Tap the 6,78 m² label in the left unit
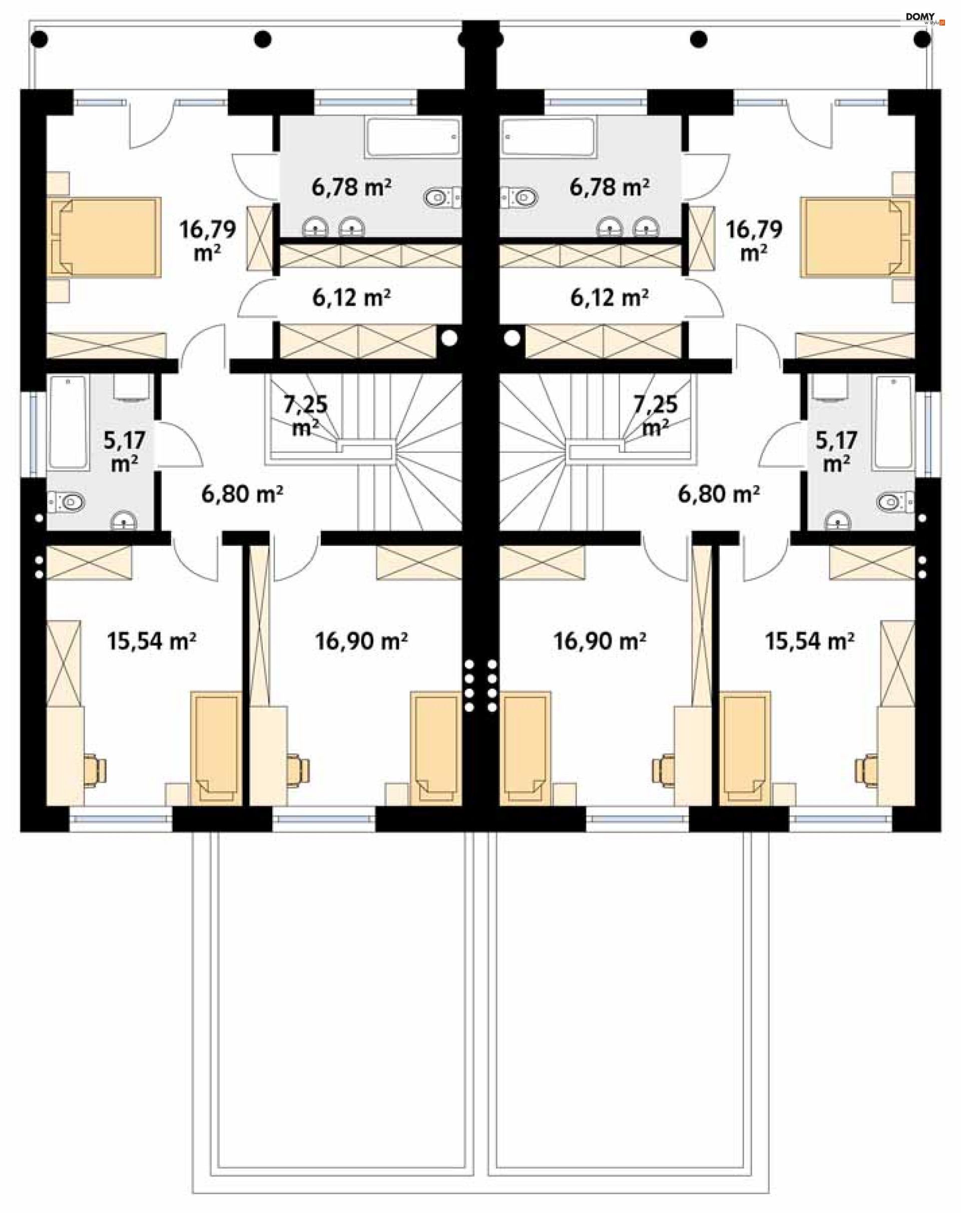(352, 187)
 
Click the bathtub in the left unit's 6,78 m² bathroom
(413, 137)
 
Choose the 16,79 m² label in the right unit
(753, 241)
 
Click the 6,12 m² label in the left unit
(352, 298)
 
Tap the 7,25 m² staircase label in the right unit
(656, 416)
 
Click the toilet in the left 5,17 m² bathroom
(67, 501)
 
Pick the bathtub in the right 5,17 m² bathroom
(894, 422)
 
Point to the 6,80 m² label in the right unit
(719, 494)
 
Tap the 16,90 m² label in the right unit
(599, 641)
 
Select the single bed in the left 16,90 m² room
(436, 748)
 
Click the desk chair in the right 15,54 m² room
(866, 770)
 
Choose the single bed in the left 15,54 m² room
(216, 748)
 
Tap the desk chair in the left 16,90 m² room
(298, 770)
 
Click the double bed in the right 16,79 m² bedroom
(857, 237)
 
